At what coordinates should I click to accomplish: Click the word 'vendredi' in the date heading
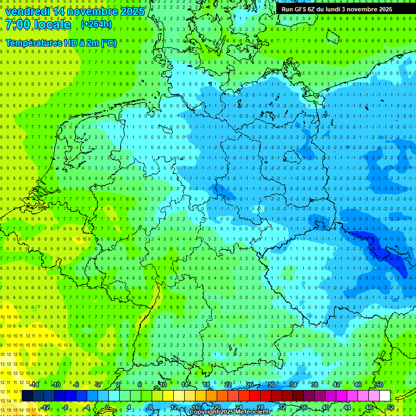coord(27,11)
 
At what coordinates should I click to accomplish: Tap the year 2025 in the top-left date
coord(132,11)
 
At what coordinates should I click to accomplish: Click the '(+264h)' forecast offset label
coord(96,24)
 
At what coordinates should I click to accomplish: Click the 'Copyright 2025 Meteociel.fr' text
coord(230,412)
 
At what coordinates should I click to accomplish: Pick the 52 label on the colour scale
coord(391,407)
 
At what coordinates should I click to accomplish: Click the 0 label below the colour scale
coord(107,407)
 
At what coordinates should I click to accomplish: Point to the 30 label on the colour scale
coord(271,385)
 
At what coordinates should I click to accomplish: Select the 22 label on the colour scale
coord(228,385)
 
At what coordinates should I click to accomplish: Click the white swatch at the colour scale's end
coord(385,396)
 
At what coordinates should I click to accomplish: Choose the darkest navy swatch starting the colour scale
coord(27,396)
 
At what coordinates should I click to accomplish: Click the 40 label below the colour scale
coord(326,407)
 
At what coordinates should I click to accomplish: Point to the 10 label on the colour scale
coord(163,385)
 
